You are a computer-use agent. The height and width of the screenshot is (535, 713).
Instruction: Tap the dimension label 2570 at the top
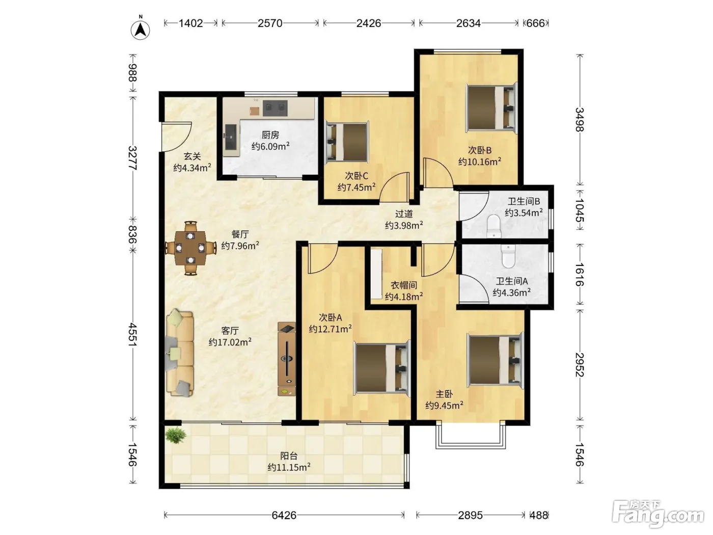click(270, 23)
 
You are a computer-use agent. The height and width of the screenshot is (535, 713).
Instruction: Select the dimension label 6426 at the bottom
click(284, 515)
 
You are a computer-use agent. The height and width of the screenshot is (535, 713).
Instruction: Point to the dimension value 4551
click(132, 334)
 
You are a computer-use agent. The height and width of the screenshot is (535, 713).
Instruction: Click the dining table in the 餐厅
click(190, 249)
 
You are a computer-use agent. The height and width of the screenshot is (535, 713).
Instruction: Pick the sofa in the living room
click(180, 353)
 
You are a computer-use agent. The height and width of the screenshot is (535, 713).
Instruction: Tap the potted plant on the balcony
click(175, 435)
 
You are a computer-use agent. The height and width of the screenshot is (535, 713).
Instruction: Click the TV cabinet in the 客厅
click(287, 359)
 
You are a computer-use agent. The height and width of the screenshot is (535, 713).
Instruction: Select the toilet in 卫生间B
click(494, 226)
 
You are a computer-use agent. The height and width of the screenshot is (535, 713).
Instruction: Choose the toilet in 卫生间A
click(508, 256)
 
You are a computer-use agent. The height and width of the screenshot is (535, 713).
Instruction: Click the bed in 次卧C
click(347, 142)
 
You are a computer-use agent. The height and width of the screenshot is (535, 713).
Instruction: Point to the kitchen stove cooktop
click(275, 108)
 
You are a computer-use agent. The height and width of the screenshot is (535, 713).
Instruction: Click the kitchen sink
click(231, 137)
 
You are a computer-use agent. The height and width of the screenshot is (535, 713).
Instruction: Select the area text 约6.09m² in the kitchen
click(270, 147)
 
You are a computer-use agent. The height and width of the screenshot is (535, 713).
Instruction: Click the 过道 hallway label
click(404, 213)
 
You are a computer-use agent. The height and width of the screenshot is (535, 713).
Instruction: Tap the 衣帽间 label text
click(404, 285)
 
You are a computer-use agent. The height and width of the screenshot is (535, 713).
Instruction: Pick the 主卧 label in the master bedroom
click(444, 394)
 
